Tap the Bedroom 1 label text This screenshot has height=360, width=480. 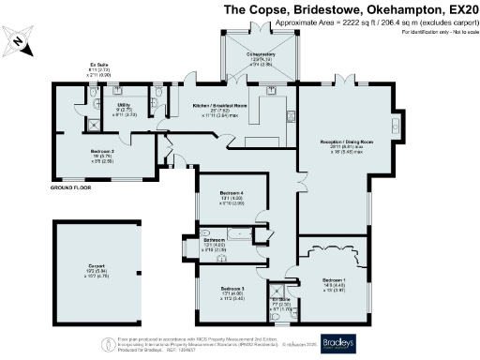[334, 280]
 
